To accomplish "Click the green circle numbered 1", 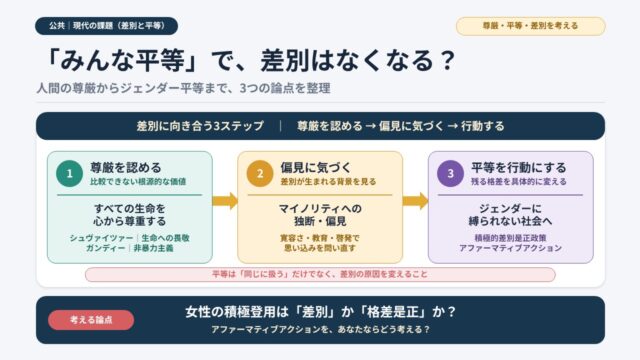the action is (69, 173).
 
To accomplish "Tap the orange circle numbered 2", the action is (260, 173).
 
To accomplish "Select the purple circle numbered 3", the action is (450, 173).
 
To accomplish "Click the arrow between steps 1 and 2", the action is (225, 201).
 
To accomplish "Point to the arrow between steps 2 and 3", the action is (416, 201).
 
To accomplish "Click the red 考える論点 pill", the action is (91, 320).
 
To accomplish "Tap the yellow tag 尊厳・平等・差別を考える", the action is (531, 26).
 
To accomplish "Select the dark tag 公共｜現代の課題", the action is (107, 26).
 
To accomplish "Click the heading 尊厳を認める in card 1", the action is (126, 167).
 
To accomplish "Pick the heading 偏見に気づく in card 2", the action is (316, 167).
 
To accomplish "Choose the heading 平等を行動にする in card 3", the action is (519, 167).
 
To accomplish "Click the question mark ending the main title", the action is (448, 61).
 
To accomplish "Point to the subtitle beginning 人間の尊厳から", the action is (184, 88).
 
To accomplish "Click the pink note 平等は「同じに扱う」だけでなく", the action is (320, 274).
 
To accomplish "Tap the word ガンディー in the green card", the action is (105, 248).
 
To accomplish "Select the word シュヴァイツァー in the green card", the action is (101, 238).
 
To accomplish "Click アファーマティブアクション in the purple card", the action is (511, 248).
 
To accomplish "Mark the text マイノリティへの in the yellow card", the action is (320, 209).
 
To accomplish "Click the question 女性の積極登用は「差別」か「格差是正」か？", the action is (320, 312).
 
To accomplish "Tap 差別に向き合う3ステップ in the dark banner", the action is (200, 126).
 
